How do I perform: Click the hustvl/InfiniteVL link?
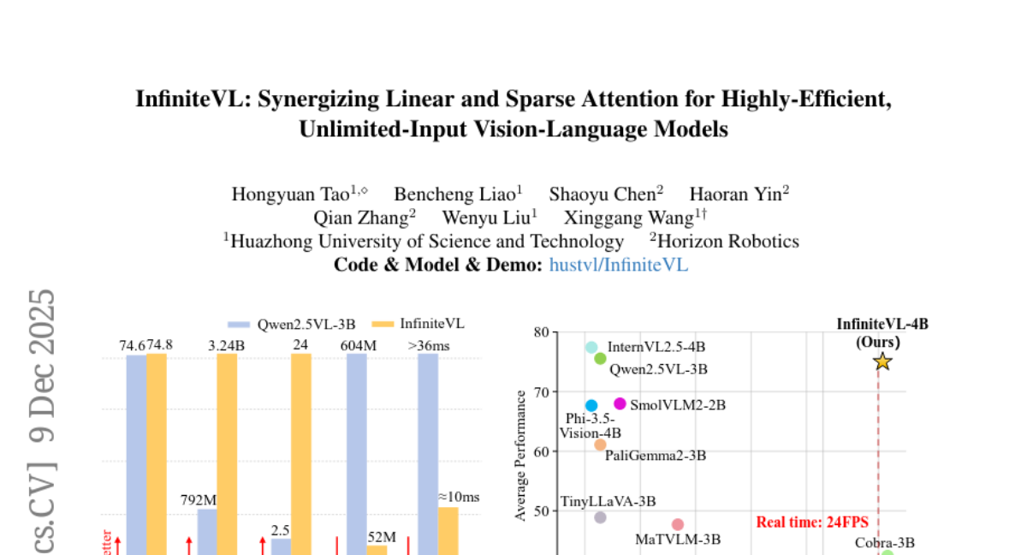pos(618,265)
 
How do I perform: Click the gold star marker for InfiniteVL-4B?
pos(882,362)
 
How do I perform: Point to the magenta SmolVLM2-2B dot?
pos(620,403)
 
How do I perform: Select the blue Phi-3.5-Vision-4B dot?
pos(591,405)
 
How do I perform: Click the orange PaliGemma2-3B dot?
pos(600,445)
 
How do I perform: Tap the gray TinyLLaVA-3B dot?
pos(600,517)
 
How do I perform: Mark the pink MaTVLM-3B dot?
pos(678,524)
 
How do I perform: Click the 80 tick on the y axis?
pos(540,332)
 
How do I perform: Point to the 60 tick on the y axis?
pos(540,451)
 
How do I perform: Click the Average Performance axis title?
pos(519,455)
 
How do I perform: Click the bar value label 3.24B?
pos(226,345)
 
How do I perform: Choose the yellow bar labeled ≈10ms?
pos(448,530)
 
